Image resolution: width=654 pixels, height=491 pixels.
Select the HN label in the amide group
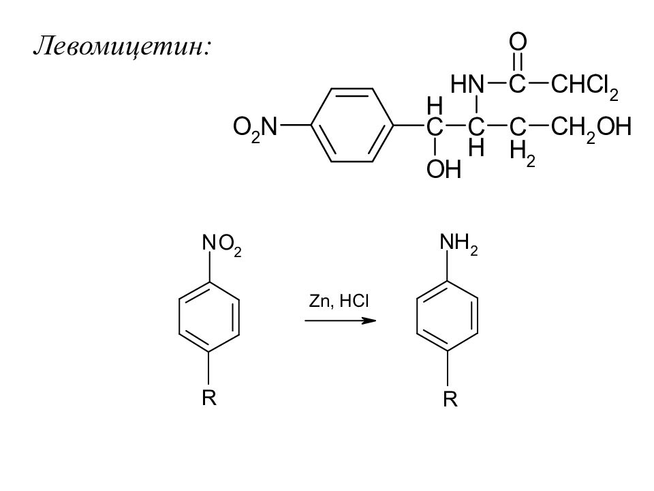(x=467, y=84)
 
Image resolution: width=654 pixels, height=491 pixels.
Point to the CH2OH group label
(x=591, y=127)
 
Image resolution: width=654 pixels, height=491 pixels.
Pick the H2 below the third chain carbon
(x=523, y=155)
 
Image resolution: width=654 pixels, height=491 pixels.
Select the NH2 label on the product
(x=458, y=245)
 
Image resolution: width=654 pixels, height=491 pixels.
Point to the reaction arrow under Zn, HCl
(x=340, y=321)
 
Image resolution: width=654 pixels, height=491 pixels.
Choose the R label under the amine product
(x=450, y=401)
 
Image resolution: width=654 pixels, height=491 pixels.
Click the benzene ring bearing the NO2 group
(x=208, y=318)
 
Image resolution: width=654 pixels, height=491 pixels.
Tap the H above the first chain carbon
(x=434, y=105)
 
